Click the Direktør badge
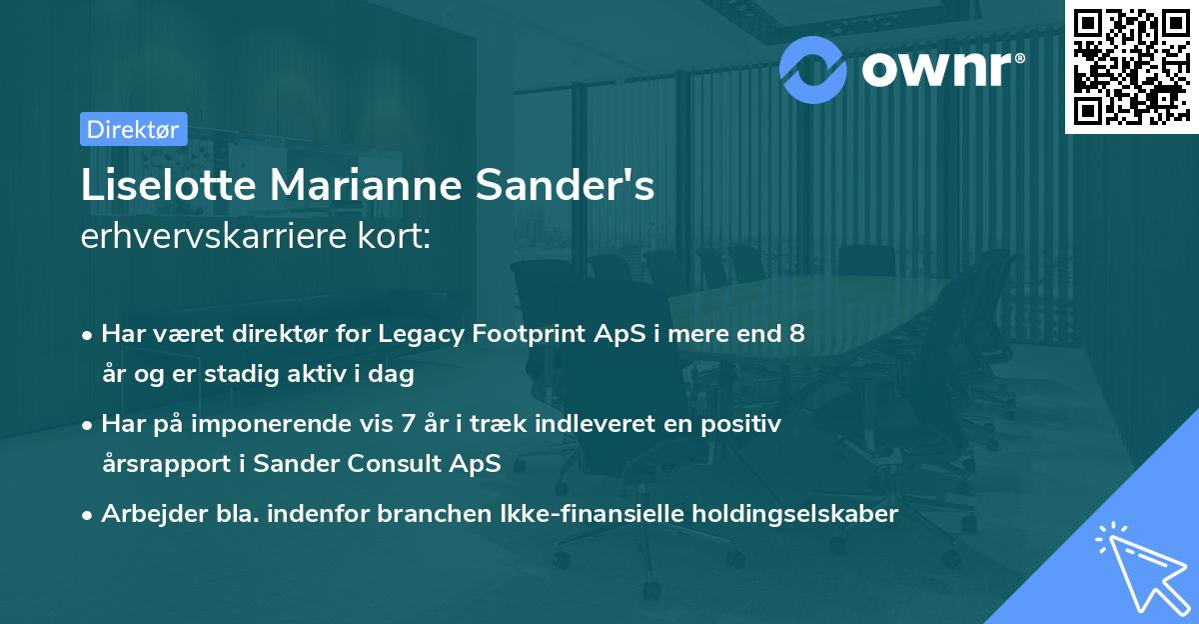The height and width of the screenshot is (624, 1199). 132,129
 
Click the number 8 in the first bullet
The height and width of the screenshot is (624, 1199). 796,334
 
